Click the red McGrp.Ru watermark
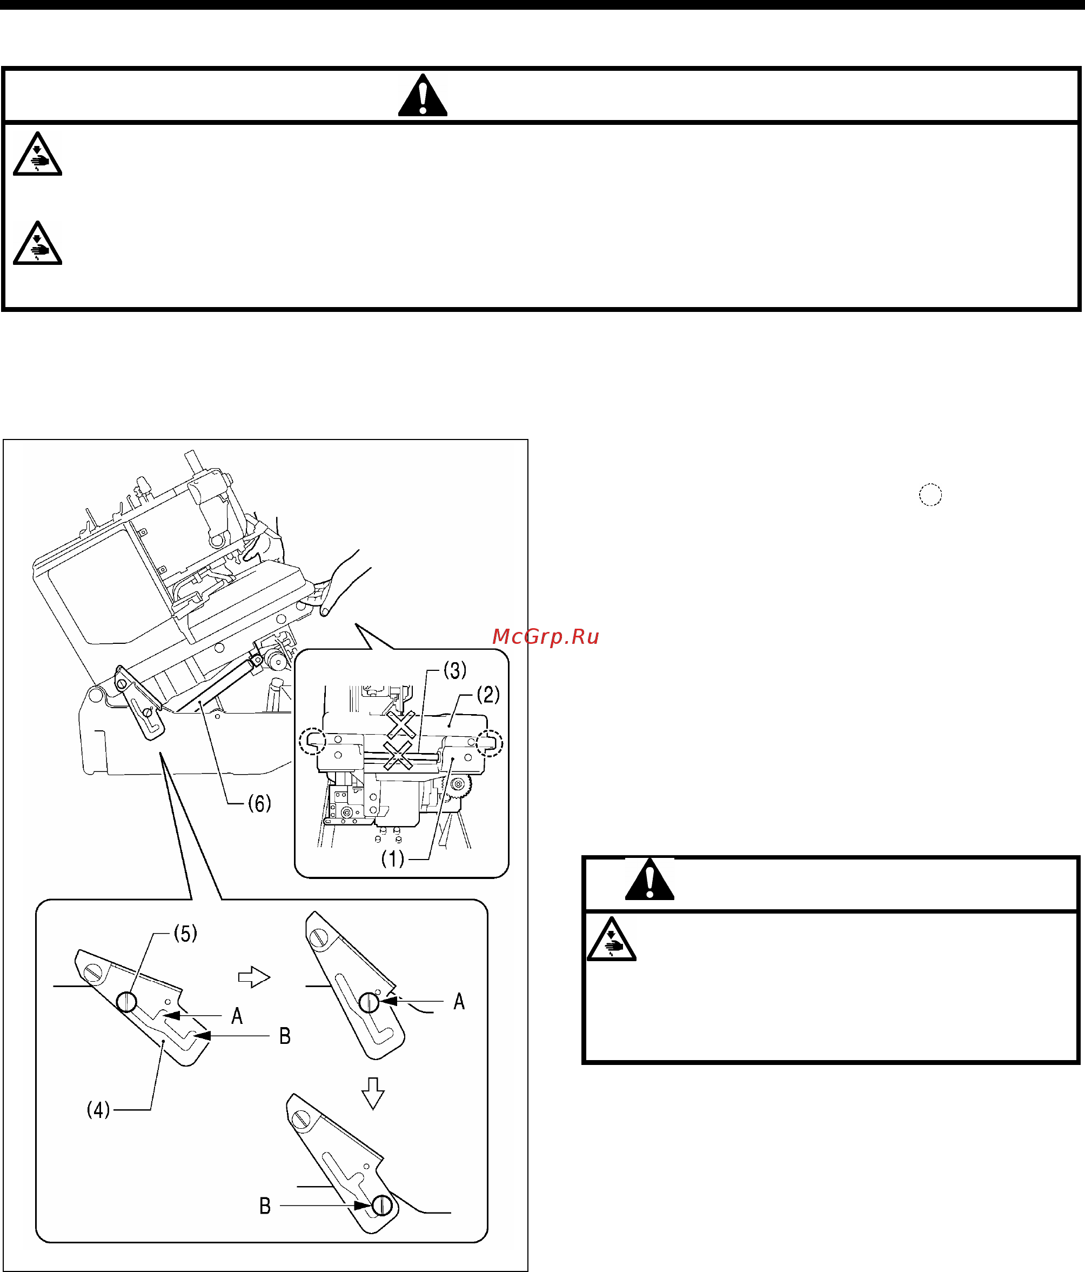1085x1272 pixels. click(x=546, y=637)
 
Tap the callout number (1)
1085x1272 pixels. click(x=393, y=858)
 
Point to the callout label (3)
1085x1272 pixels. click(x=455, y=670)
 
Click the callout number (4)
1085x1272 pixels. click(x=98, y=1109)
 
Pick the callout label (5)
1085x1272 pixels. click(x=185, y=933)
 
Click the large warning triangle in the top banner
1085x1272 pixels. click(x=422, y=95)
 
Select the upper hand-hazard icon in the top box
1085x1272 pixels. click(x=37, y=154)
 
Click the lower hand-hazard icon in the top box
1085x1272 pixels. click(x=37, y=243)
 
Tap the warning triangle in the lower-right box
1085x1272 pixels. click(x=649, y=878)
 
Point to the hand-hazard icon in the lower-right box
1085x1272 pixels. click(x=611, y=938)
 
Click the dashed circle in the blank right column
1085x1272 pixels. click(x=930, y=494)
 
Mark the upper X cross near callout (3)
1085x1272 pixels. click(x=401, y=725)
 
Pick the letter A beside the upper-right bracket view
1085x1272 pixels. click(x=459, y=1001)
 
